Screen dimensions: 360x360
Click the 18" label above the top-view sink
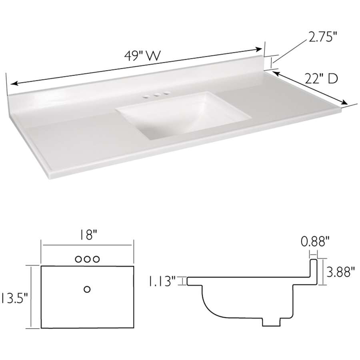pyautogui.click(x=87, y=235)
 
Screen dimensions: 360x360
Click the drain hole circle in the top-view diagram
pyautogui.click(x=87, y=289)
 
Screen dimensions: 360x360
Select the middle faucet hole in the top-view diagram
pyautogui.click(x=87, y=259)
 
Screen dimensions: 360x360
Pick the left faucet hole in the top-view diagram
pyautogui.click(x=79, y=259)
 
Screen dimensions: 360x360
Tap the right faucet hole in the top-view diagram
pyautogui.click(x=96, y=259)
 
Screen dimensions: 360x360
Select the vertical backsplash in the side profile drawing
pyautogui.click(x=314, y=272)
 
